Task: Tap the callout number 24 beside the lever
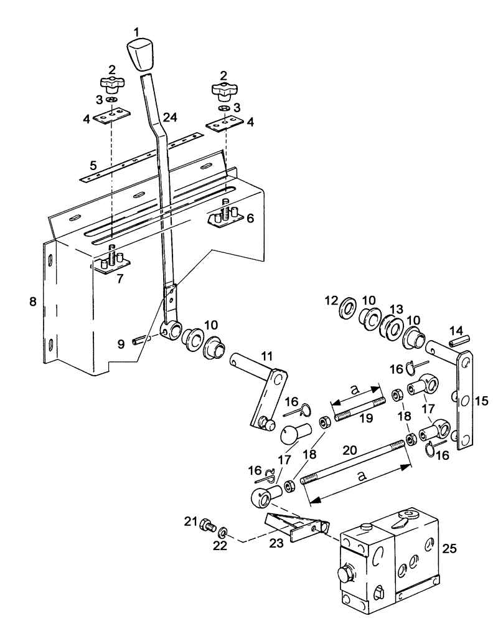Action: click(x=170, y=117)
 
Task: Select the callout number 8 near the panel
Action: click(x=32, y=302)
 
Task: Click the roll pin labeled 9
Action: click(x=146, y=341)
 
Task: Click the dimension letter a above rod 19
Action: click(x=354, y=390)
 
